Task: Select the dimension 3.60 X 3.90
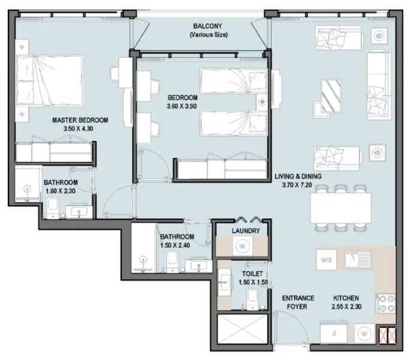tap(182, 106)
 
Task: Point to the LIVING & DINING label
tap(298, 177)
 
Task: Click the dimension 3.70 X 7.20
tap(298, 185)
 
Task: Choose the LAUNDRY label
tap(245, 231)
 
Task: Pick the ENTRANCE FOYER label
tap(298, 302)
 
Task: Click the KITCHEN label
tap(346, 298)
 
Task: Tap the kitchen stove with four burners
tap(385, 304)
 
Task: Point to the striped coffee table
tap(331, 95)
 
